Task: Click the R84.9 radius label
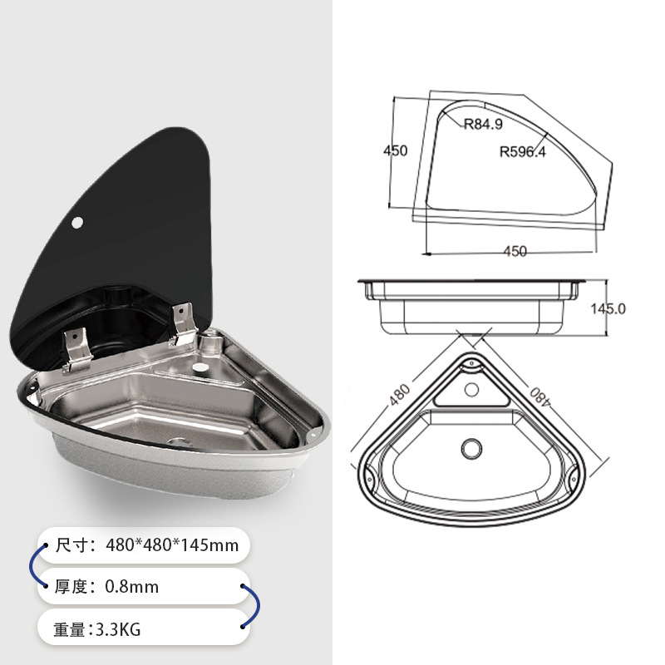[483, 125]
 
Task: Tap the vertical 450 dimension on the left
[395, 150]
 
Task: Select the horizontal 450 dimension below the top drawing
[515, 251]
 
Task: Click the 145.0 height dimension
[608, 308]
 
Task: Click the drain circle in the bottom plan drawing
[470, 448]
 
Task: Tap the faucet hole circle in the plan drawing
[471, 388]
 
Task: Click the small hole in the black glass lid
[77, 222]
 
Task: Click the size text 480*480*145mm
[172, 546]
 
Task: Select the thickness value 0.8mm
[131, 587]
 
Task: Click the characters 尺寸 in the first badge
[72, 546]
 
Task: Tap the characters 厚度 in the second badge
[72, 587]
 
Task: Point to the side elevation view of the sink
[471, 304]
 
